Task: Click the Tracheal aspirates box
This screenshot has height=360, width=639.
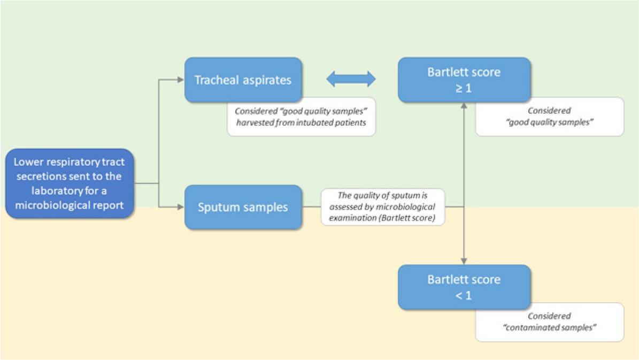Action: pos(243,80)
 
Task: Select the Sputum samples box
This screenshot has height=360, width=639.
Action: pos(243,206)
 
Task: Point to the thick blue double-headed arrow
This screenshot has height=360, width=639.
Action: pos(351,79)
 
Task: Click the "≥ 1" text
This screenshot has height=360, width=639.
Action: pos(464,88)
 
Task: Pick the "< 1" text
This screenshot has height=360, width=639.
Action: pos(464,295)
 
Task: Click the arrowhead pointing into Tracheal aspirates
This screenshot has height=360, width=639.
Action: pos(181,80)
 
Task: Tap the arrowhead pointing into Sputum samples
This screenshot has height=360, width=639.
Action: pos(181,206)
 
